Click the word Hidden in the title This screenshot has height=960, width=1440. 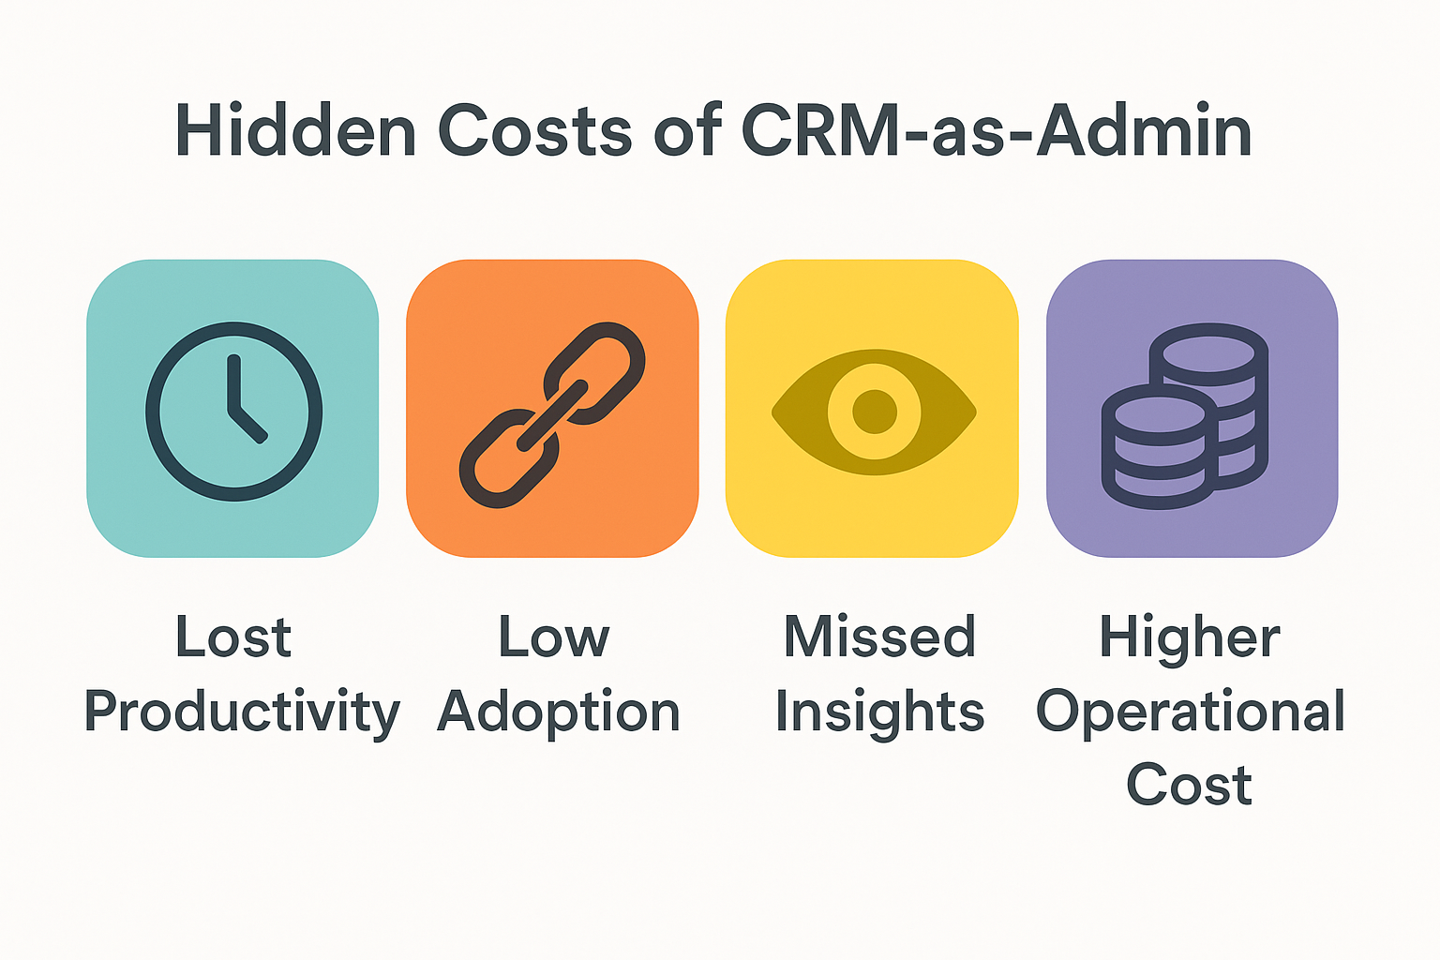pos(295,131)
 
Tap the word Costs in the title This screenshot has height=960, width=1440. pos(534,131)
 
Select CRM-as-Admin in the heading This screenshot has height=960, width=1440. pos(997,131)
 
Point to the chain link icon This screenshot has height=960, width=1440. pos(552,413)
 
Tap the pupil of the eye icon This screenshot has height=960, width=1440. pos(875,412)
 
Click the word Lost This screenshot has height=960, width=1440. pos(233,637)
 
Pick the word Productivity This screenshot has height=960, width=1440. pos(242,712)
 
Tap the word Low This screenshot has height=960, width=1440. pos(554,637)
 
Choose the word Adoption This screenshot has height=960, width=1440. pos(559,712)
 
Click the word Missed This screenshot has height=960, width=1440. pos(879,637)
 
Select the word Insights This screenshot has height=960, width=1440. pos(879,712)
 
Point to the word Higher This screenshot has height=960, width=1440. pos(1190,637)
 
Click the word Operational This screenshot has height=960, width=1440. pos(1191,712)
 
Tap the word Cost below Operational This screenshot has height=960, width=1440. pos(1189,786)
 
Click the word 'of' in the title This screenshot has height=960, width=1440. pos(687,131)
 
